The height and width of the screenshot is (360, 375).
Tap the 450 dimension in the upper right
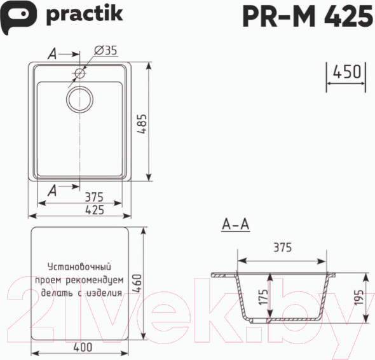tap(347, 72)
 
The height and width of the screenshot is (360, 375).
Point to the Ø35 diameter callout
tap(105, 52)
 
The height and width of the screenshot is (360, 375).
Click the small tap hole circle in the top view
tap(80, 74)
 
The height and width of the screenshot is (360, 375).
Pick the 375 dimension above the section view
tap(282, 248)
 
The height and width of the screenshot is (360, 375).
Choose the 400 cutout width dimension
tap(83, 347)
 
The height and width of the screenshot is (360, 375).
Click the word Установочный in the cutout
tap(79, 267)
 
